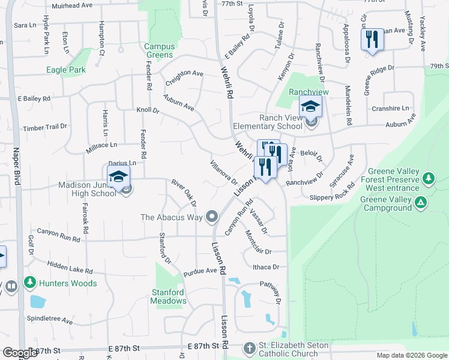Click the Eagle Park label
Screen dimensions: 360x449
(x=66, y=70)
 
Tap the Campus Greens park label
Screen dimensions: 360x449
(x=160, y=51)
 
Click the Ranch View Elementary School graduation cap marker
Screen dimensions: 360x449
(x=310, y=107)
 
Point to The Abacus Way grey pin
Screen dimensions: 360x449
(x=211, y=217)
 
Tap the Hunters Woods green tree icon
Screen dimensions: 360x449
(x=29, y=282)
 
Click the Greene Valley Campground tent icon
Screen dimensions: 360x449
(x=421, y=203)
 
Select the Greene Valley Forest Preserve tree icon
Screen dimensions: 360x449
(x=427, y=178)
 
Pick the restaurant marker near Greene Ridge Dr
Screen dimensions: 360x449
(x=372, y=40)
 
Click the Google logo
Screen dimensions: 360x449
(x=20, y=353)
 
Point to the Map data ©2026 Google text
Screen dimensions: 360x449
(x=412, y=355)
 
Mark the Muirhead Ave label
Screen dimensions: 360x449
(x=72, y=5)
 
